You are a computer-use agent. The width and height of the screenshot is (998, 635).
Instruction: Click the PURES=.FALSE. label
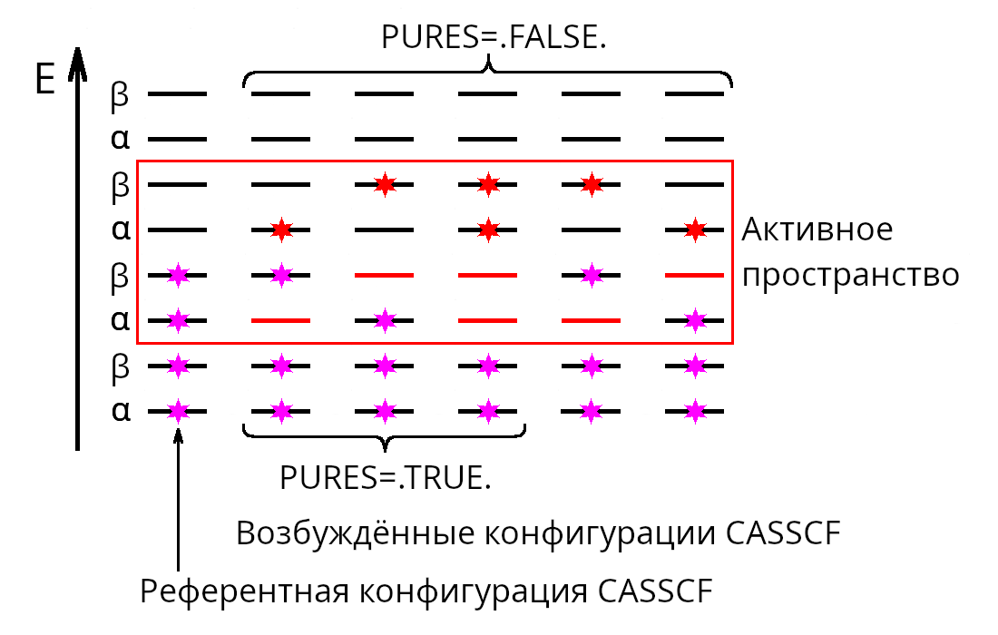point(494,37)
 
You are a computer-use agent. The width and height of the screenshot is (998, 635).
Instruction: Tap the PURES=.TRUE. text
point(386,478)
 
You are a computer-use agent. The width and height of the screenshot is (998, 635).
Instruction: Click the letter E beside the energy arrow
point(45,80)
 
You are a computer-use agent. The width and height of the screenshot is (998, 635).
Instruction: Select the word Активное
point(817,230)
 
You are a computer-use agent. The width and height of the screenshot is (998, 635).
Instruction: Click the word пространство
point(851,276)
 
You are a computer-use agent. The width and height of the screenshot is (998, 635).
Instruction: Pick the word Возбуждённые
point(355,532)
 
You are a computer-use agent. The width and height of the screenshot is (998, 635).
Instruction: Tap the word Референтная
point(244,592)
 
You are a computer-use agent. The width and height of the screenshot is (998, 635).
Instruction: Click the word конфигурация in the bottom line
point(473,592)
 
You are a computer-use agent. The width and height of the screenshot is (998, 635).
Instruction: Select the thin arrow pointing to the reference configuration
point(178,500)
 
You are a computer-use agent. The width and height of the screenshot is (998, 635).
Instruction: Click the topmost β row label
point(120,96)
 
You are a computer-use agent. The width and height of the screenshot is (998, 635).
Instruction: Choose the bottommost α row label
point(121,411)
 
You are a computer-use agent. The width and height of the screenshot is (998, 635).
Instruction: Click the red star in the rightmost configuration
point(695,230)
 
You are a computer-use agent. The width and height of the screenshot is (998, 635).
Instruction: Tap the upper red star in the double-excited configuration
point(488,184)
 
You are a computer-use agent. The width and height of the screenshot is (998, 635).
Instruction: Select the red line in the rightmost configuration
point(694,276)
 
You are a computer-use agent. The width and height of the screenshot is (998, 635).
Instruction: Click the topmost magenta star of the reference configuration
point(178,276)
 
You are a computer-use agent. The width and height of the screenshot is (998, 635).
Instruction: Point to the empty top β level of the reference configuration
point(177,93)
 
